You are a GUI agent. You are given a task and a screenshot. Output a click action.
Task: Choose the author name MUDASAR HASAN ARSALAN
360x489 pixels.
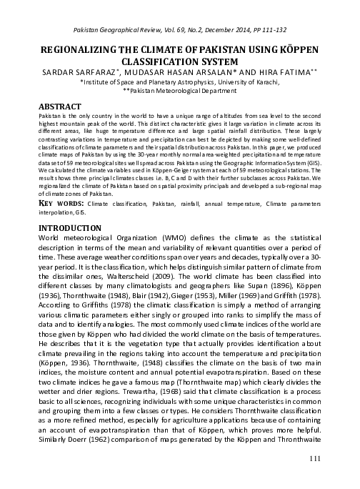coord(178,72)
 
